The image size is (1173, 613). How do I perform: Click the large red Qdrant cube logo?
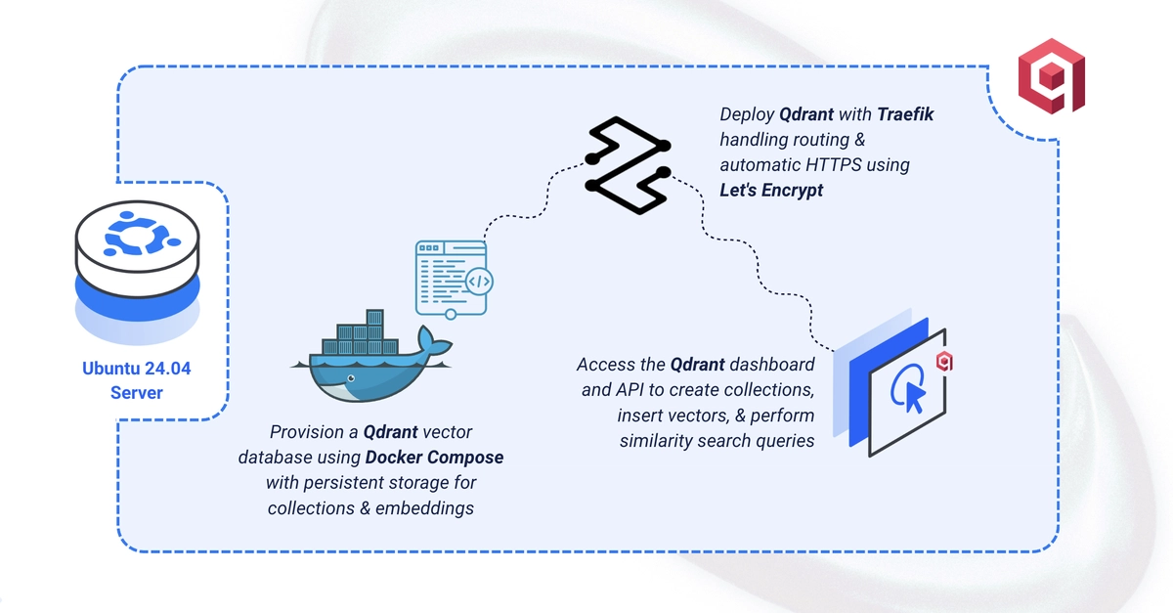coord(1052,76)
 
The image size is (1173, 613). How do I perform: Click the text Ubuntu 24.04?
coord(137,369)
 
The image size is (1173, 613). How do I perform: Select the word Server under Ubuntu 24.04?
coord(137,393)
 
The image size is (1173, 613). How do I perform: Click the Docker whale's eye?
coord(351,378)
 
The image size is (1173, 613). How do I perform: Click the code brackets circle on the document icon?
coord(479,282)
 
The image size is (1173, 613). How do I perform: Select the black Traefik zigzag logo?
coord(628,165)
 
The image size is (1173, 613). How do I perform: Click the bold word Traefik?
coord(905,114)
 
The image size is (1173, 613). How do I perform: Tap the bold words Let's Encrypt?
coord(771,191)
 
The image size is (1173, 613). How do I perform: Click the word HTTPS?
coord(834,165)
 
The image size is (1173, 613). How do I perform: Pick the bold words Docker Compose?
coord(435,458)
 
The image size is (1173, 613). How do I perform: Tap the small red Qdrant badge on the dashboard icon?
coord(944,362)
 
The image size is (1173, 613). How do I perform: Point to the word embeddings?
coord(424,508)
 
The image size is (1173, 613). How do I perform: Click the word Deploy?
coord(747,114)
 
